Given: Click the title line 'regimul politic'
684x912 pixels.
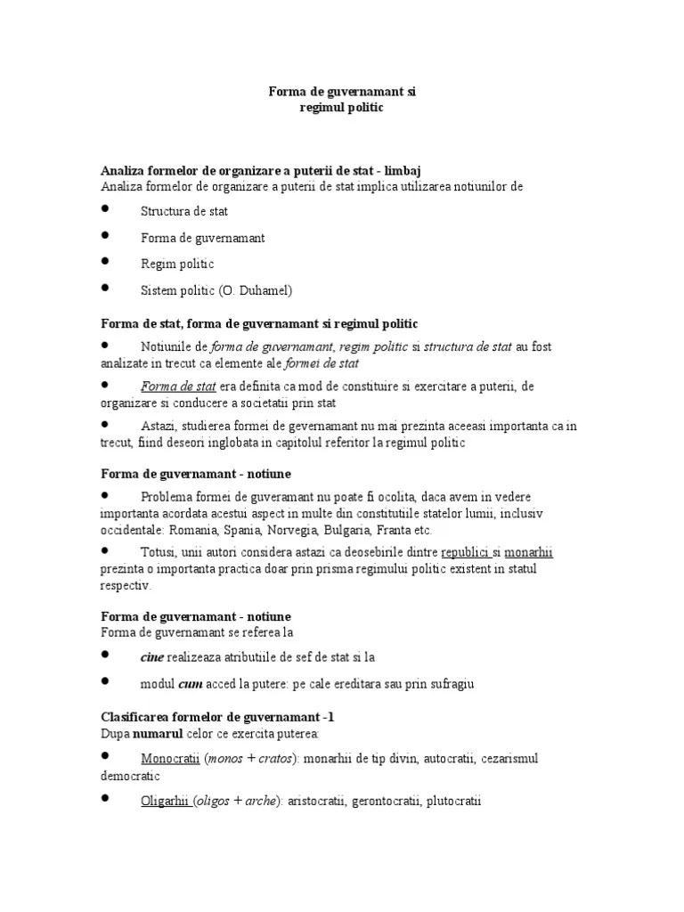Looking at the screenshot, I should click(343, 108).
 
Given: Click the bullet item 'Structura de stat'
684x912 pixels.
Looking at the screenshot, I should click(184, 212).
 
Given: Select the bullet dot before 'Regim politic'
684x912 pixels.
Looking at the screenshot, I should click(105, 263).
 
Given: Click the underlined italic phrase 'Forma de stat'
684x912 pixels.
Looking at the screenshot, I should click(178, 387).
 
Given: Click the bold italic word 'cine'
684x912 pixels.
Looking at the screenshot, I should click(152, 657).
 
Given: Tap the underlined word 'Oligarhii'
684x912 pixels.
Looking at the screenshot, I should click(166, 802).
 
